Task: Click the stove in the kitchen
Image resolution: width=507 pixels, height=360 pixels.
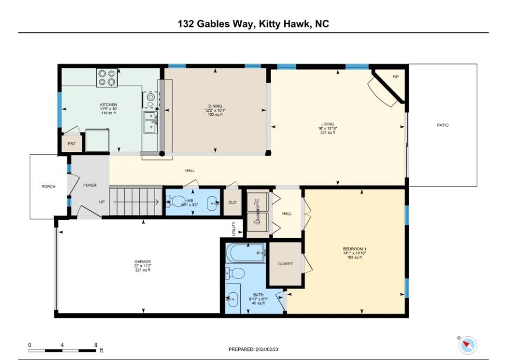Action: [106, 78]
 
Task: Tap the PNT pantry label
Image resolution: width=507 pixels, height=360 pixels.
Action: [71, 143]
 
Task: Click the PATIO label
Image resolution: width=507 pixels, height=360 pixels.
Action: [442, 125]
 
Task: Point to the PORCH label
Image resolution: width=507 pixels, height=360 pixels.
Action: [48, 186]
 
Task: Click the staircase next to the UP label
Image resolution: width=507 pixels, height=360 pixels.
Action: [135, 201]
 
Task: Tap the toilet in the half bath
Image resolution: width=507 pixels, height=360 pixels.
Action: [175, 202]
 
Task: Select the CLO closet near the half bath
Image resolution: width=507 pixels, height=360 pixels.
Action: [232, 202]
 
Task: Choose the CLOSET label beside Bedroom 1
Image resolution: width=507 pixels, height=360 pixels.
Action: [285, 264]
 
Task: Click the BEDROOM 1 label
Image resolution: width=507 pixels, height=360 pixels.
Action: [354, 249]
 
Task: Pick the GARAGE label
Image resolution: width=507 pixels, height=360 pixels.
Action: [142, 262]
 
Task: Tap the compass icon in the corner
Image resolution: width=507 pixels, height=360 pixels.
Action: [467, 345]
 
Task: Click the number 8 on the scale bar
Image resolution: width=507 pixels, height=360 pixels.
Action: [96, 345]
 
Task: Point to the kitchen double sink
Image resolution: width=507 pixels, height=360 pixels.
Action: [150, 121]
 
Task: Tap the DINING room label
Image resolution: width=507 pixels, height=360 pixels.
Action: [215, 106]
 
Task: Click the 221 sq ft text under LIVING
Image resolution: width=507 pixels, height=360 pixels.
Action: [328, 132]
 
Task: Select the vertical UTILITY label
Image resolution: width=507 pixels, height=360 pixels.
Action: [233, 229]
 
